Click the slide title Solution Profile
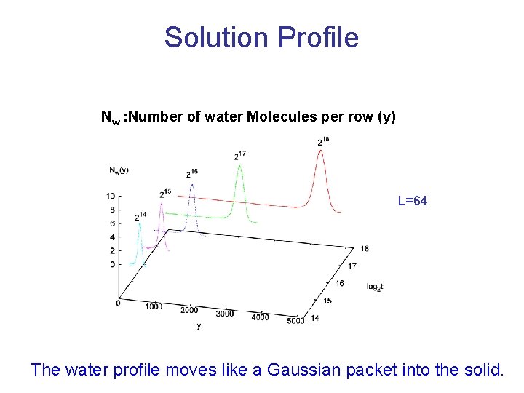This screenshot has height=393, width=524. pos(261,37)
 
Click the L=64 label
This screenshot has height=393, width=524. pos(413,200)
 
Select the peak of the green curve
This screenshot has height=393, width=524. pos(239,165)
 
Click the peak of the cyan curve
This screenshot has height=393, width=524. pos(139,225)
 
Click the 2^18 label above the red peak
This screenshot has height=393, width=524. pos(323,141)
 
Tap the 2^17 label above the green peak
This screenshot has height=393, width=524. pos(239,155)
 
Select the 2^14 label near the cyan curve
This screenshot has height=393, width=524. pos(140,217)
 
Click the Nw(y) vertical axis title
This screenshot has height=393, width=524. pos(119,170)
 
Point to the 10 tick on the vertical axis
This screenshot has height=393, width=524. pos(110,196)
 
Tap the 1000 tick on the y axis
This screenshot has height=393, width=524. pos(153,306)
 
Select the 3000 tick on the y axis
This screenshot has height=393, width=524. pos(225,314)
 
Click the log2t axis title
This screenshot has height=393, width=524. pos(375,286)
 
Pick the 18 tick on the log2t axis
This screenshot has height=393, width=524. pos(364,249)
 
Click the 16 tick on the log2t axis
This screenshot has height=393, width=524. pos(338,283)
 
